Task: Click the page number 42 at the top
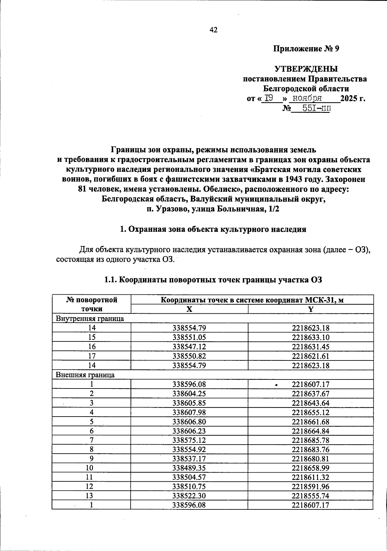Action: pos(213,30)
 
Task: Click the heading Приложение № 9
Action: pos(306,49)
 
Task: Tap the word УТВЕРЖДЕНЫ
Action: pos(306,69)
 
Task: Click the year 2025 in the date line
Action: pos(349,98)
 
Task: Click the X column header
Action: pos(189,309)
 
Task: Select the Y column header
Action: pos(311,309)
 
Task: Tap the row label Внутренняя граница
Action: pos(90,319)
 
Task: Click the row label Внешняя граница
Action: pos(85,375)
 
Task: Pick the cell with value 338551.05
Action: pos(189,337)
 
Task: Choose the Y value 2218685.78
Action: pos(311,440)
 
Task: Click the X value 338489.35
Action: pos(189,468)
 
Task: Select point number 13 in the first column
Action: pos(91,496)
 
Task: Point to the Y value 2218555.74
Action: pos(311,496)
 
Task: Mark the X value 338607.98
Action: pos(189,412)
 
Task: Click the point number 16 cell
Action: pos(91,347)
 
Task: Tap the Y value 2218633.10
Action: pos(311,337)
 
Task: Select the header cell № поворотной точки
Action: pos(91,304)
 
